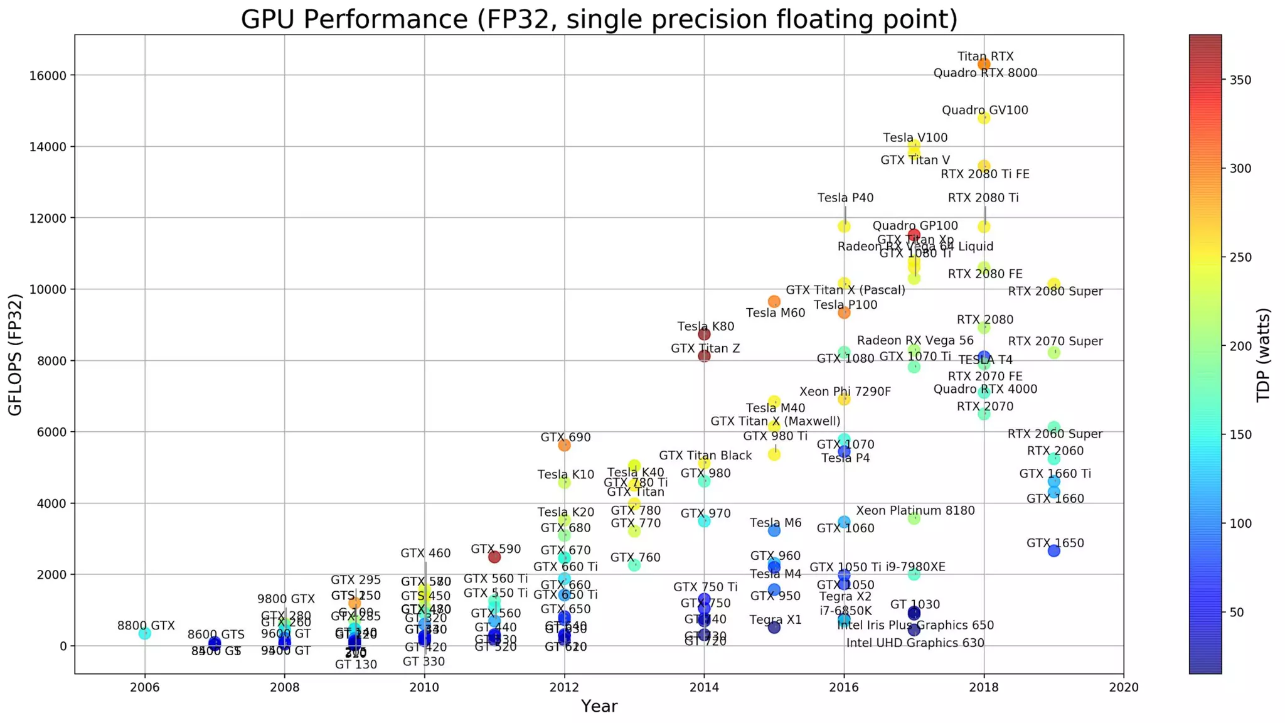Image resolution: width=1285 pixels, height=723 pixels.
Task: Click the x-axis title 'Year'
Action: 599,706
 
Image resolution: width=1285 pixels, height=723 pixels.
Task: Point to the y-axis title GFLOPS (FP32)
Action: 15,355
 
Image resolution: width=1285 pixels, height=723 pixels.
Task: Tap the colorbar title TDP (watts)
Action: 1263,355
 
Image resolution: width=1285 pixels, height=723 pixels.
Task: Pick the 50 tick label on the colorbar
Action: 1237,613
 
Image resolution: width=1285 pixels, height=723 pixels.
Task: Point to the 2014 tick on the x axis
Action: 704,687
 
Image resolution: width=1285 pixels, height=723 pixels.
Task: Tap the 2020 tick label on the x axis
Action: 1123,687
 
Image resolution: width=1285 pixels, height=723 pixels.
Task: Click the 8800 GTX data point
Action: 145,633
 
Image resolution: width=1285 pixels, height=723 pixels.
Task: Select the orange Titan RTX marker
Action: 984,64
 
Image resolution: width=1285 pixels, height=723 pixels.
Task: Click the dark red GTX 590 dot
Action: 494,557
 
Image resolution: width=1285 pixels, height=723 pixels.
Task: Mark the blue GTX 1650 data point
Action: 1054,550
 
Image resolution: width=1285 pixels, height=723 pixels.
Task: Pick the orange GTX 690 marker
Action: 564,445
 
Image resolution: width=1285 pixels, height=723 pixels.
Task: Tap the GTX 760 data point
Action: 634,565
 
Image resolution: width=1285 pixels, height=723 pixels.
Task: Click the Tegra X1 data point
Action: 774,627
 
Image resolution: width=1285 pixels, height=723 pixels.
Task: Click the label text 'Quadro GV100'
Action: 985,110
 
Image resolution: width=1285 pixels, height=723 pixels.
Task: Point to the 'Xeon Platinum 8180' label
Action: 915,511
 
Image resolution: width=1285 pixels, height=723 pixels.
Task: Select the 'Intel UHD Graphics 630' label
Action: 915,643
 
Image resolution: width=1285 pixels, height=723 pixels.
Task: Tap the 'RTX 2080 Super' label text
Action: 1055,291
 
